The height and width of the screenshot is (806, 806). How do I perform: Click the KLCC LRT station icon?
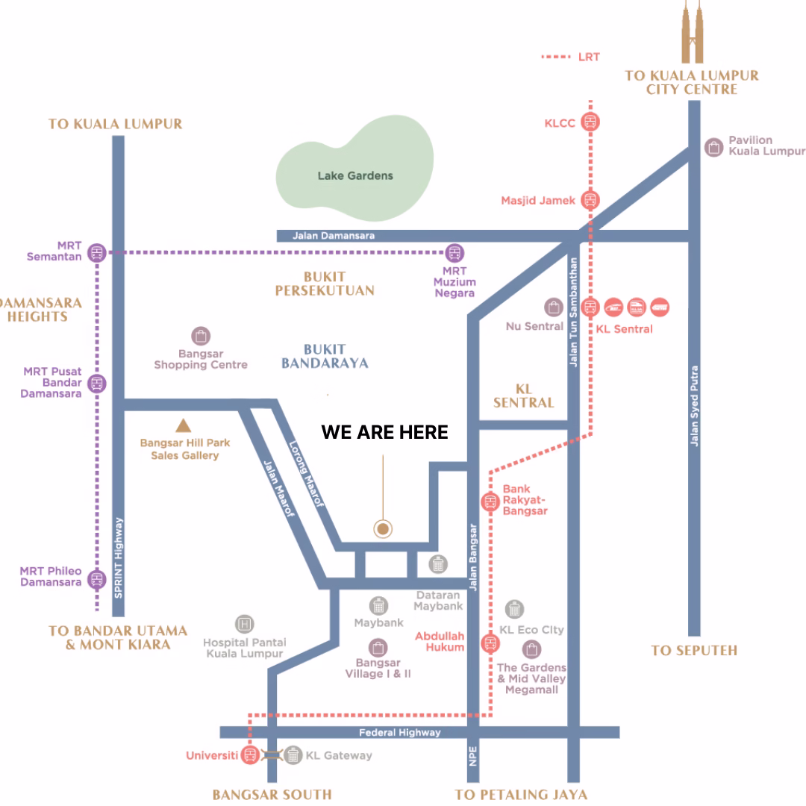pyautogui.click(x=590, y=122)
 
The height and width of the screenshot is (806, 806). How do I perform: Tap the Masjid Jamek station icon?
pyautogui.click(x=590, y=200)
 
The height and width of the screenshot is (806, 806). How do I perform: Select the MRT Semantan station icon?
pyautogui.click(x=96, y=253)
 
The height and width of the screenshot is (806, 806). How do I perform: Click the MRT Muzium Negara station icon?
pyautogui.click(x=454, y=253)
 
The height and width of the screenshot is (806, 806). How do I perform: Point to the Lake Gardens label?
pyautogui.click(x=355, y=176)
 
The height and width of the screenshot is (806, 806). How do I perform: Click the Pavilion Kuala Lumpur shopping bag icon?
pyautogui.click(x=713, y=148)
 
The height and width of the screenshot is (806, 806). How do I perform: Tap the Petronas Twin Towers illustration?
pyautogui.click(x=692, y=32)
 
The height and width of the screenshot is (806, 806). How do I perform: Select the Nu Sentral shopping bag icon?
pyautogui.click(x=554, y=307)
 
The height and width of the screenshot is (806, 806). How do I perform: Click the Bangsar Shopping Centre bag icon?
pyautogui.click(x=201, y=336)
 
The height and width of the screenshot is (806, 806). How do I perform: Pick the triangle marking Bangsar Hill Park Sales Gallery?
pyautogui.click(x=183, y=426)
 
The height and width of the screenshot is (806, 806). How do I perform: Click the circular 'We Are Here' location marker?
pyautogui.click(x=382, y=528)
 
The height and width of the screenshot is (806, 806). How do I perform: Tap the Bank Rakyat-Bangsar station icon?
pyautogui.click(x=490, y=502)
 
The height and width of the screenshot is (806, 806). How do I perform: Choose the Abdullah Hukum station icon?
pyautogui.click(x=490, y=643)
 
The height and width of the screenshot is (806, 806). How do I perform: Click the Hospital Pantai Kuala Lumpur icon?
pyautogui.click(x=245, y=624)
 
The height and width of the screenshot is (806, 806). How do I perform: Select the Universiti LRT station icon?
pyautogui.click(x=250, y=755)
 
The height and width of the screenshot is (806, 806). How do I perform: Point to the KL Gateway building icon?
pyautogui.click(x=293, y=755)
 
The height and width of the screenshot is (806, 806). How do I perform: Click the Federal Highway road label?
pyautogui.click(x=400, y=733)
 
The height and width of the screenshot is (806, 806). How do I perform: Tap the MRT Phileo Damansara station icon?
pyautogui.click(x=96, y=579)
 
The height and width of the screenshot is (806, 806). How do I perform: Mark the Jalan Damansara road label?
pyautogui.click(x=334, y=236)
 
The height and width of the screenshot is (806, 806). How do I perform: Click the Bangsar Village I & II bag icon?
pyautogui.click(x=378, y=648)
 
